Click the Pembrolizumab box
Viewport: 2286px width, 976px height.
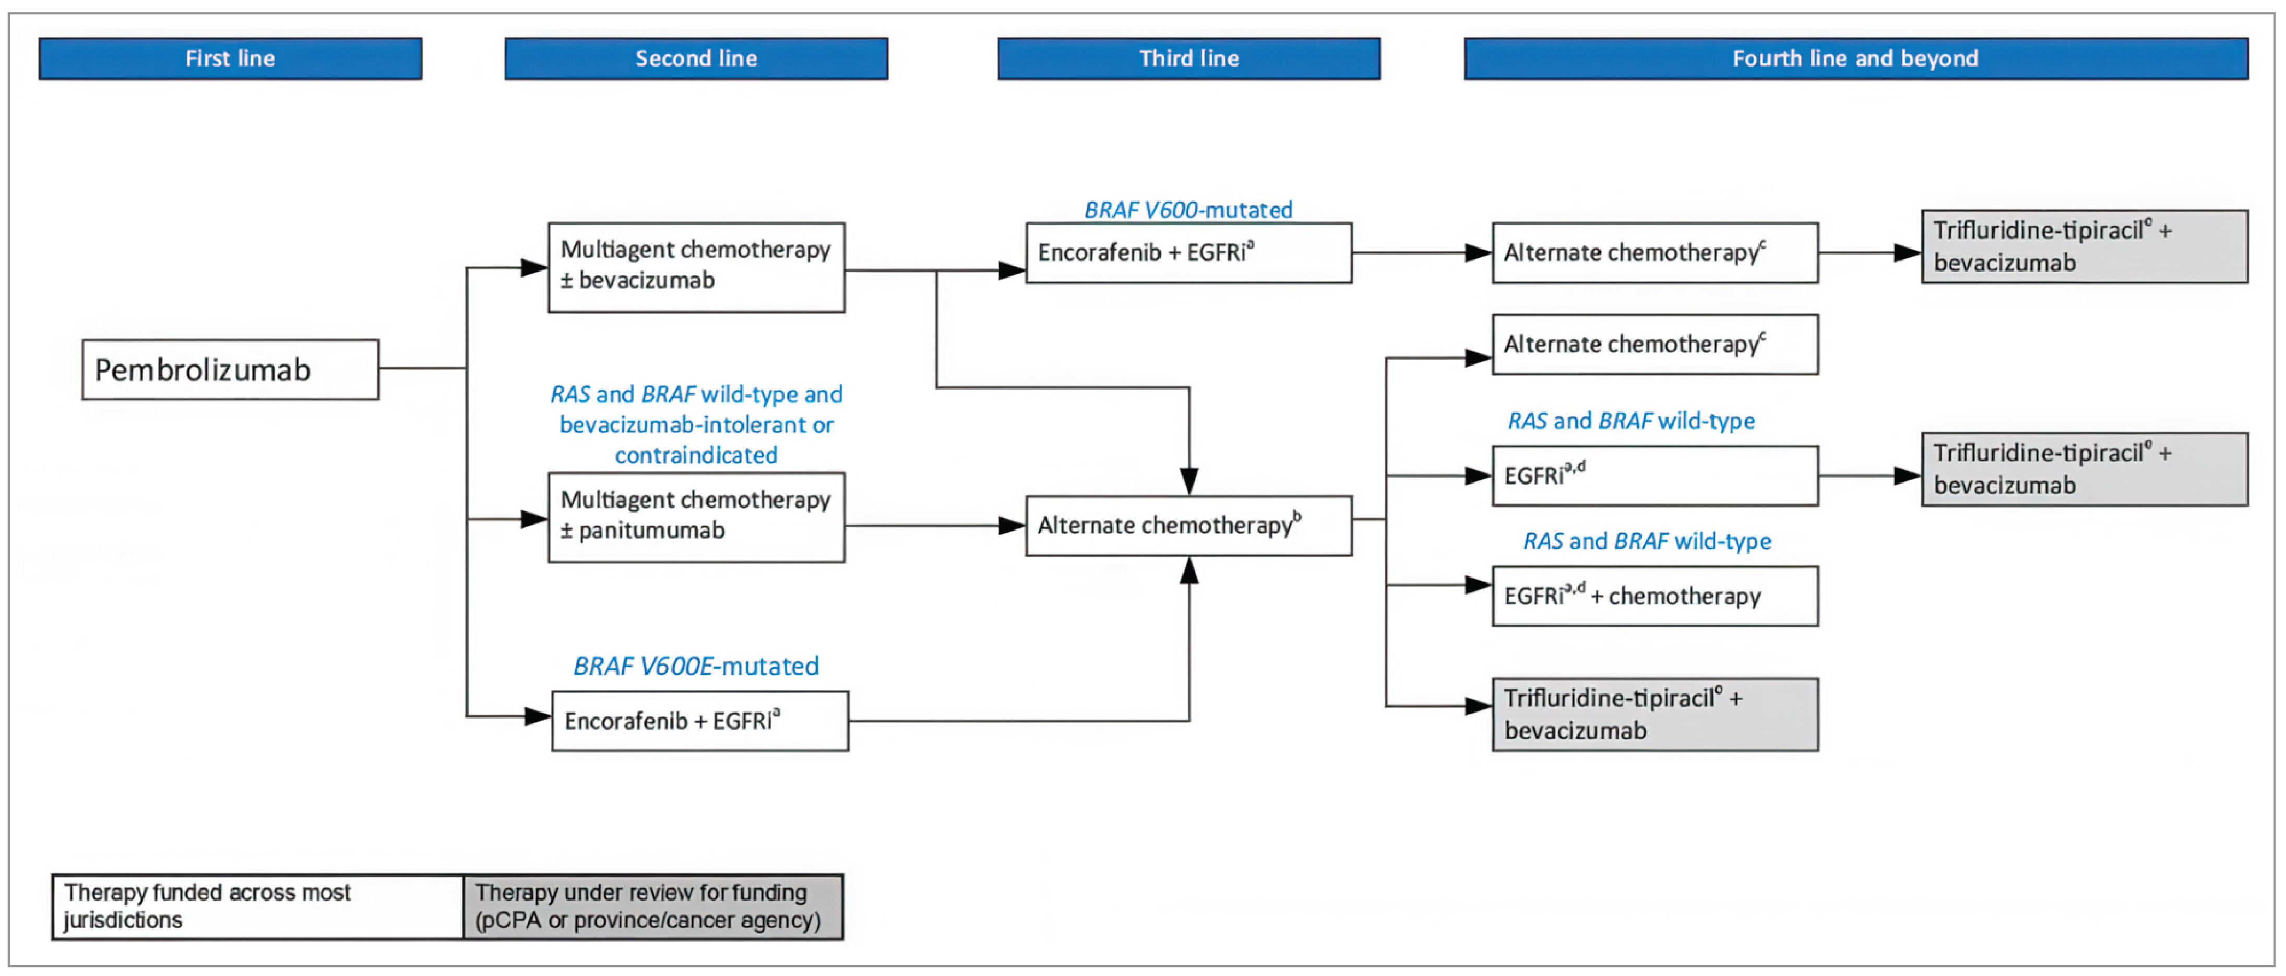click(x=230, y=369)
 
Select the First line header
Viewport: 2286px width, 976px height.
click(x=230, y=58)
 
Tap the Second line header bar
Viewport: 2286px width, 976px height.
click(x=696, y=58)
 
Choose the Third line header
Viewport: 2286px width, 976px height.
click(x=1188, y=58)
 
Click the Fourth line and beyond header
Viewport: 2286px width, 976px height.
click(x=1855, y=58)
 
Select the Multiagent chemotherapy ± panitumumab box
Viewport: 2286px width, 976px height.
click(x=696, y=516)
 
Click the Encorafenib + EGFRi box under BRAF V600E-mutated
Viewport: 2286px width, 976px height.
click(x=699, y=720)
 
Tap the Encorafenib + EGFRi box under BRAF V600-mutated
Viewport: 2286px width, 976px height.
click(x=1188, y=253)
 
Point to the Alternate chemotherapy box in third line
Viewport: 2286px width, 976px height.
click(x=1188, y=525)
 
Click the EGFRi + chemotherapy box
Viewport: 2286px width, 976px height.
click(x=1654, y=596)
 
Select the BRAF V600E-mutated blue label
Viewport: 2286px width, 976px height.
click(x=696, y=665)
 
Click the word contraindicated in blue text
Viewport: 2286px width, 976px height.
click(x=696, y=455)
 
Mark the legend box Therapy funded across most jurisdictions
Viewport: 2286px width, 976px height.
click(x=257, y=906)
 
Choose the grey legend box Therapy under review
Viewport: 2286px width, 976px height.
click(x=652, y=906)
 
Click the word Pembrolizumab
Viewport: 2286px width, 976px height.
click(x=203, y=369)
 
